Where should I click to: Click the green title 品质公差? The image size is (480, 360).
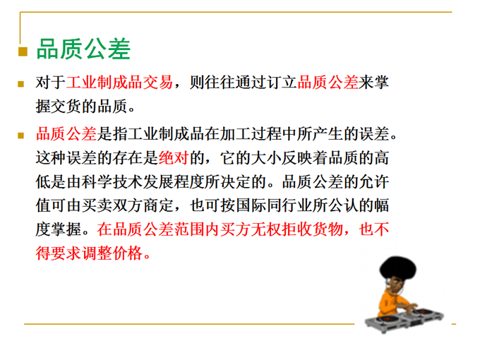pyautogui.click(x=83, y=49)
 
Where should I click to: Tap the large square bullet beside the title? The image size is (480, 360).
pyautogui.click(x=23, y=52)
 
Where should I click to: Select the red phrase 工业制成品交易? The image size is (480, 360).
pyautogui.click(x=120, y=83)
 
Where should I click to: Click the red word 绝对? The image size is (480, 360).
pyautogui.click(x=174, y=158)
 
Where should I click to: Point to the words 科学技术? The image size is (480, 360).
pyautogui.click(x=112, y=182)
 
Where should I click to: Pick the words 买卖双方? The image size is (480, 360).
pyautogui.click(x=112, y=205)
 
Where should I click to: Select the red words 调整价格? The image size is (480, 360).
pyautogui.click(x=112, y=253)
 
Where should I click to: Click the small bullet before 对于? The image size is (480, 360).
pyautogui.click(x=20, y=84)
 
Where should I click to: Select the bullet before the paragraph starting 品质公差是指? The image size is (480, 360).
pyautogui.click(x=20, y=136)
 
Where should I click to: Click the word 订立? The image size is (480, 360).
pyautogui.click(x=282, y=83)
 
